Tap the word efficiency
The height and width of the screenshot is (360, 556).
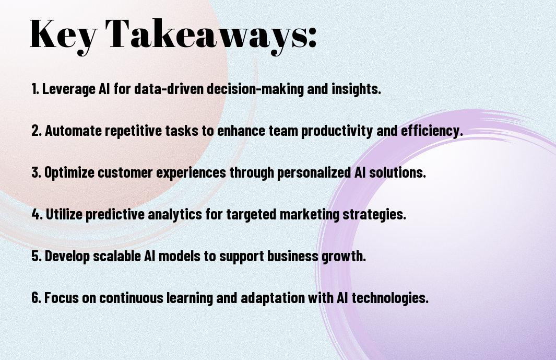(x=432, y=131)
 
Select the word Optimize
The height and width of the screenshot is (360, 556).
(x=69, y=173)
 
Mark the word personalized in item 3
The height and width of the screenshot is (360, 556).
(x=314, y=173)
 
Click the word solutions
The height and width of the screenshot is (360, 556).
(x=397, y=172)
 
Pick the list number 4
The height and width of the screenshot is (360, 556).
(x=37, y=214)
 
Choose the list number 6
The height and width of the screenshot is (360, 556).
(x=37, y=297)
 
